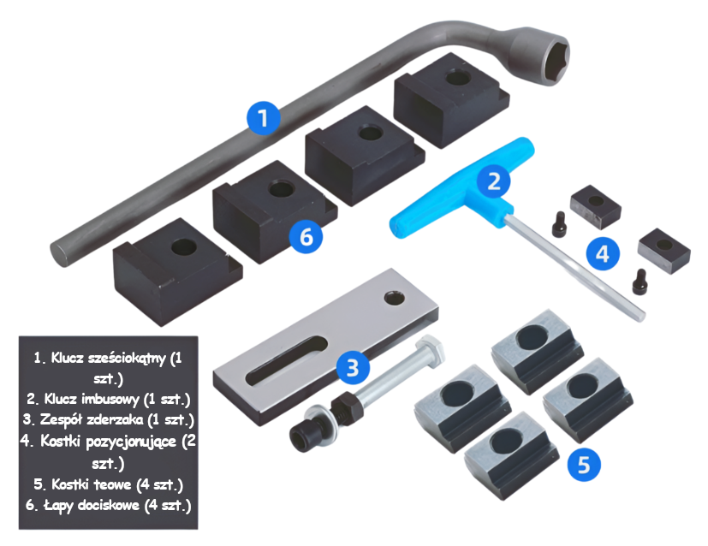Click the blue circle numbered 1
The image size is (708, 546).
263,118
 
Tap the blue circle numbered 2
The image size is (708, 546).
493,181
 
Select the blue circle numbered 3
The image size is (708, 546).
353,367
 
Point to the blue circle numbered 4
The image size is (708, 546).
603,253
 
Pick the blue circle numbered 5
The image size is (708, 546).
584,464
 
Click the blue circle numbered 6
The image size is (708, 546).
306,236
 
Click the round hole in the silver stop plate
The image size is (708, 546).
394,298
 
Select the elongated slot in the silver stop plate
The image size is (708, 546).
287,360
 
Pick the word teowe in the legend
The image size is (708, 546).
113,484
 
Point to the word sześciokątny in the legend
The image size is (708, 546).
127,359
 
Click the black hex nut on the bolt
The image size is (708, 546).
344,404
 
